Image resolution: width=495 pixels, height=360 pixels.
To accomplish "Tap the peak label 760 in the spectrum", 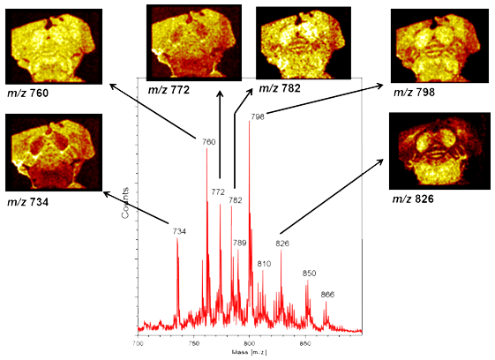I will pyautogui.click(x=208, y=141).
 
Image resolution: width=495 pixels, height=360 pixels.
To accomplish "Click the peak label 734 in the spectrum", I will pyautogui.click(x=179, y=231).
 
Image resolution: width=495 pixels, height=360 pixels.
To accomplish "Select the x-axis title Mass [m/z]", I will pyautogui.click(x=249, y=351).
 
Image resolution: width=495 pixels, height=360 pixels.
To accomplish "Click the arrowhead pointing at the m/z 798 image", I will pyautogui.click(x=383, y=86).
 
